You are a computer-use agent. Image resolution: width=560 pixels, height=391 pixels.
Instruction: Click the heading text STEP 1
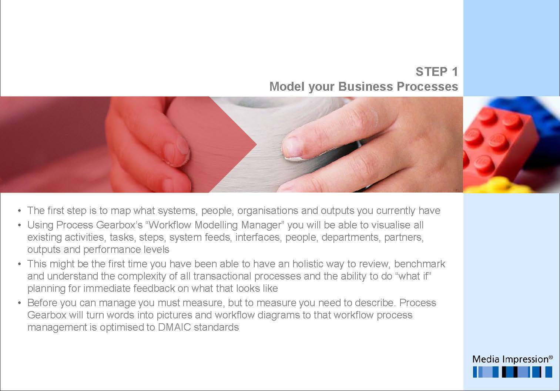pyautogui.click(x=437, y=72)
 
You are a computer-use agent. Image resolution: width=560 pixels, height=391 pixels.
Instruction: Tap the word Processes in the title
pyautogui.click(x=427, y=87)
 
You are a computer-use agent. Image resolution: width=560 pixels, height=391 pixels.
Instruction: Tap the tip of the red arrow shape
pyautogui.click(x=257, y=144)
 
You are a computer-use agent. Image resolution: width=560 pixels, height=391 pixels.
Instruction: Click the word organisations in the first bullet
pyautogui.click(x=268, y=211)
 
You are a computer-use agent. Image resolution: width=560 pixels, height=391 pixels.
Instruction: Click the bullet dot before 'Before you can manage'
pyautogui.click(x=20, y=303)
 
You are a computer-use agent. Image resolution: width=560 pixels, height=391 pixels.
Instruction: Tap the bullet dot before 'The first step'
pyautogui.click(x=20, y=211)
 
